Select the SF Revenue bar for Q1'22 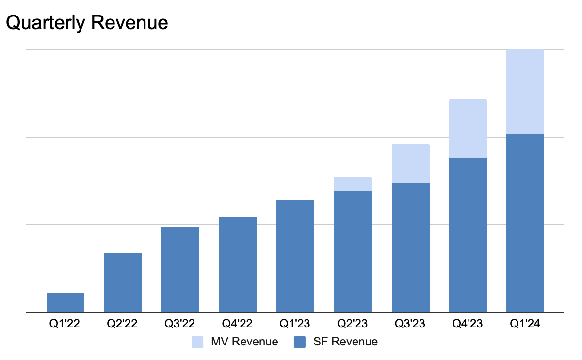(65, 303)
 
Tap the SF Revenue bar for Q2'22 (123, 283)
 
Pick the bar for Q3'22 (180, 270)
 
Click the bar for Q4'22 (238, 265)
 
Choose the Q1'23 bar (295, 256)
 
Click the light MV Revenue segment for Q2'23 (353, 184)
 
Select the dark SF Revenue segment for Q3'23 (410, 248)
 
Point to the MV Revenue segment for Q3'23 (410, 164)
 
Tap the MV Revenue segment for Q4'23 (468, 129)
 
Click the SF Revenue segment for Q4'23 (468, 235)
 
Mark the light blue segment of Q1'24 (525, 92)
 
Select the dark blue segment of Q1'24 (525, 223)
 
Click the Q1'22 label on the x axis (65, 324)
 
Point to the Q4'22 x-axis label (238, 324)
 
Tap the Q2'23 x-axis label (353, 324)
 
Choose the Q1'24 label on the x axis (525, 324)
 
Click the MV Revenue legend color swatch (198, 342)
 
